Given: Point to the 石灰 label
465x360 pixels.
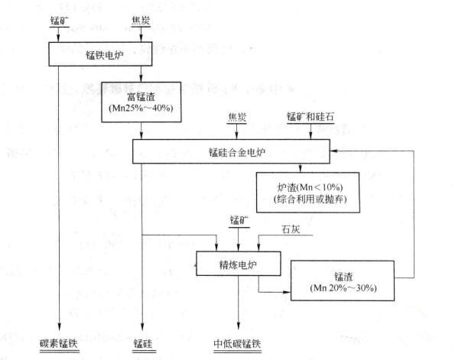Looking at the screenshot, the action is click(291, 229).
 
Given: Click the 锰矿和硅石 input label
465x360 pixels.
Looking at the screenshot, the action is click(311, 117).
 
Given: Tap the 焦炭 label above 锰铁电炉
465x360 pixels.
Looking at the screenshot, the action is click(141, 21).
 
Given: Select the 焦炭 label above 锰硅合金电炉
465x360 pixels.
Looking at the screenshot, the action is click(237, 118).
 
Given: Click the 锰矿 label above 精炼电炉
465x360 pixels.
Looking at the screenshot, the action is click(239, 220).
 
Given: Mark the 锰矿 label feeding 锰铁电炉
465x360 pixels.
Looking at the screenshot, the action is click(60, 21).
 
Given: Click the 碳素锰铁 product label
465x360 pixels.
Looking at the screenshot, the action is click(59, 344).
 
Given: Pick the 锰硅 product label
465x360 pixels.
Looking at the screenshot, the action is click(143, 344).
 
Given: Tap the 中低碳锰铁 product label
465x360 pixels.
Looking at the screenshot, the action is click(237, 344).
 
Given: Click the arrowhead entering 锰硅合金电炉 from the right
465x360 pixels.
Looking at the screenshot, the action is click(334, 151).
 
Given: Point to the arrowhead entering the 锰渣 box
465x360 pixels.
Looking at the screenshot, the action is click(287, 292).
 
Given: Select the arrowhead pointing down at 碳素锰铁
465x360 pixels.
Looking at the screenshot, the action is click(60, 326).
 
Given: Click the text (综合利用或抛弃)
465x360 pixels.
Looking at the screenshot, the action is click(310, 199).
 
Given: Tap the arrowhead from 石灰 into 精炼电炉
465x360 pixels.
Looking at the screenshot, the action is click(259, 248).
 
